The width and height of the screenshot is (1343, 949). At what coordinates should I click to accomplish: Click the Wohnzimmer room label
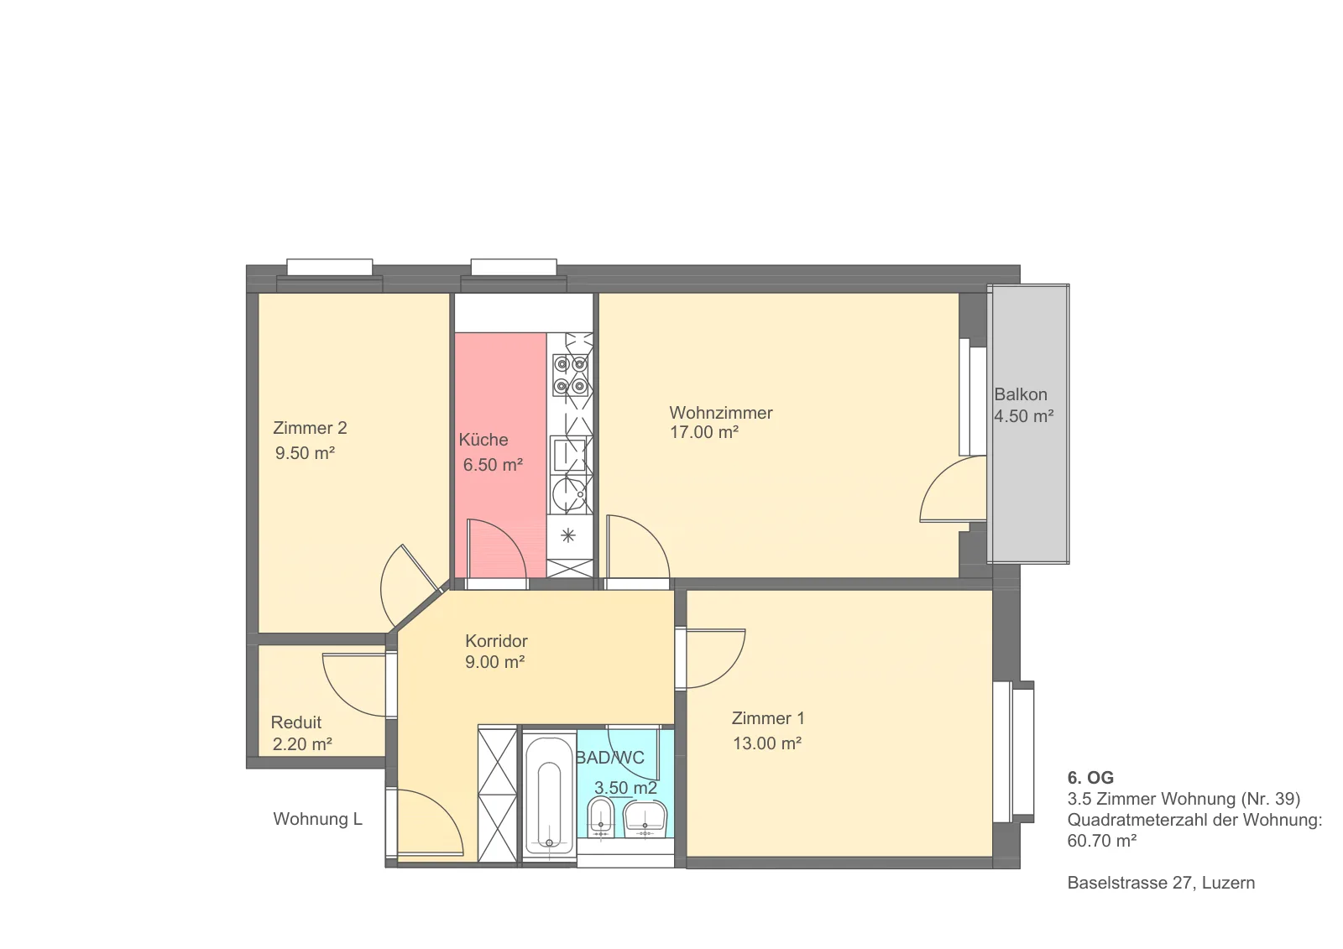[721, 413]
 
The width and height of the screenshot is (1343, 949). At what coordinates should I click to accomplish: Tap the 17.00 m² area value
[704, 432]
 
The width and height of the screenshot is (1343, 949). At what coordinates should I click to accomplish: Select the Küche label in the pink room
[483, 440]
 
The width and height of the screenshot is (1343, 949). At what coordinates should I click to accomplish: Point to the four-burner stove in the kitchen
[570, 375]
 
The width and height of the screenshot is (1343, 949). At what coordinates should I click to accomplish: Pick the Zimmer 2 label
[310, 428]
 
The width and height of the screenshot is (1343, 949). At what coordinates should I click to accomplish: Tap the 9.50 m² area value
[305, 452]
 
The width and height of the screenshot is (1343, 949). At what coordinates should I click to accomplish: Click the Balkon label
[1021, 394]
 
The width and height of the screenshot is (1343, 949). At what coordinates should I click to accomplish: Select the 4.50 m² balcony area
[1024, 416]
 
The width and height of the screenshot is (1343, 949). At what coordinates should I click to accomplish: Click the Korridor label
[496, 641]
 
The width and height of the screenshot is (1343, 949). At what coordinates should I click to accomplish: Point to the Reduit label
[296, 722]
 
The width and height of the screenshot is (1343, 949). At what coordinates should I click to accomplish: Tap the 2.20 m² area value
[302, 744]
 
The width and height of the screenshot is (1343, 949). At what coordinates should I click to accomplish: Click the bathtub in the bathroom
[549, 795]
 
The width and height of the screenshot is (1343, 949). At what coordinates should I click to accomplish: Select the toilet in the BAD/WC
[601, 817]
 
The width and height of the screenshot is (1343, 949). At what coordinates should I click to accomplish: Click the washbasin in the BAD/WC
[645, 819]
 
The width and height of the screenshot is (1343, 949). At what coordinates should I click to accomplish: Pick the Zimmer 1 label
[768, 718]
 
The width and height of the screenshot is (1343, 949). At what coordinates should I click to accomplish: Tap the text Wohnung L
[318, 819]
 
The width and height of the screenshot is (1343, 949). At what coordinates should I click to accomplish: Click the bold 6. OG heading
[1090, 778]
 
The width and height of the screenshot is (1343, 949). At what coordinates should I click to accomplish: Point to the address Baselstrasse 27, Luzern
[1161, 883]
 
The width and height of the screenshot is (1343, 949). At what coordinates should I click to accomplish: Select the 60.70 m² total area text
[1102, 841]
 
